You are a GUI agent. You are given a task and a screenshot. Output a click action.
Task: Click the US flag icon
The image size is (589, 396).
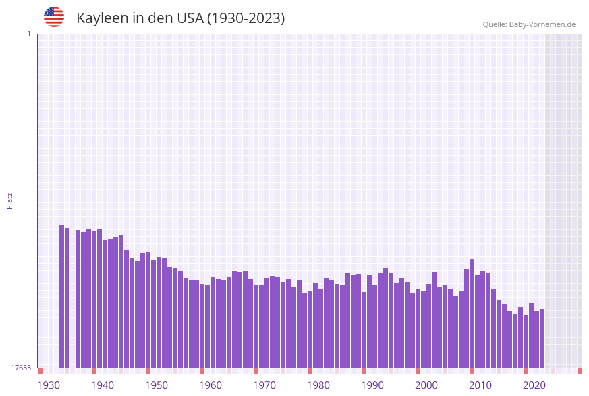54,17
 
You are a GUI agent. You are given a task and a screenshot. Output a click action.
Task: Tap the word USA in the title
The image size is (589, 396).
190,18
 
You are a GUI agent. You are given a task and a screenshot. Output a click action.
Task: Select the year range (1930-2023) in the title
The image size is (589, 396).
246,18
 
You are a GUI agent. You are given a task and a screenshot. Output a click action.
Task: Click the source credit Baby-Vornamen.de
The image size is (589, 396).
529,24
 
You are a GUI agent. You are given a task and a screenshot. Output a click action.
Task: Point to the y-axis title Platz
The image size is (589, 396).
10,200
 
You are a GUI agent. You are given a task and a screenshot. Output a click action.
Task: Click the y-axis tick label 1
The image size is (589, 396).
28,34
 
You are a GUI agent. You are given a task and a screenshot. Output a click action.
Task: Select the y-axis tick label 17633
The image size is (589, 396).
22,368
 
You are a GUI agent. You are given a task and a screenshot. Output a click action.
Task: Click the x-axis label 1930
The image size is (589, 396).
49,385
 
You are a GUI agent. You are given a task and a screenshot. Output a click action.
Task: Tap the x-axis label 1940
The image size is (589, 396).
103,385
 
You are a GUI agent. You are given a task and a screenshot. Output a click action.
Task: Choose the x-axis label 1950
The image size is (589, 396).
157,385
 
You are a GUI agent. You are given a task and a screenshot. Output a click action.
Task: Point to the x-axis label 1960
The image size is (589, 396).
211,385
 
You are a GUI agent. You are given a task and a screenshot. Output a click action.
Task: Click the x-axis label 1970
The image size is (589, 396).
264,385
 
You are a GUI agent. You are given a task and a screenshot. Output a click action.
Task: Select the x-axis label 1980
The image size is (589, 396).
318,385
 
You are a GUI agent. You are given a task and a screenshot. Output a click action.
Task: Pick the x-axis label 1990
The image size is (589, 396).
372,385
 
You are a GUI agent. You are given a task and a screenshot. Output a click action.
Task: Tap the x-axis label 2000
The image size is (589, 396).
426,385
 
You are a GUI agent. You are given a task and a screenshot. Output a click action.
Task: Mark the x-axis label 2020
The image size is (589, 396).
534,385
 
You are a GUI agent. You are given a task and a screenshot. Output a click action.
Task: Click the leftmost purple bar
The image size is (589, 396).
61,296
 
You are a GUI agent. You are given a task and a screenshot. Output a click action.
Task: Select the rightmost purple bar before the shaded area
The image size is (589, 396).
542,338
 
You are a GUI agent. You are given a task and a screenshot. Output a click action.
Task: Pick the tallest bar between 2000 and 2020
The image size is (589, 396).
472,313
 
